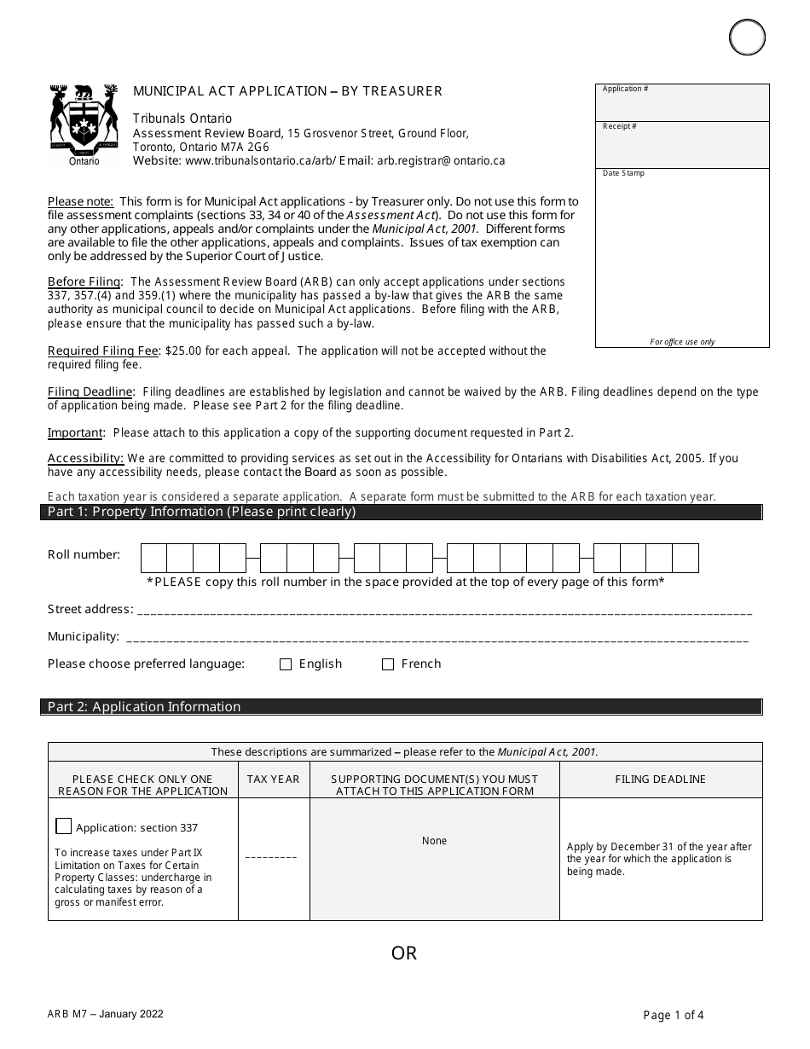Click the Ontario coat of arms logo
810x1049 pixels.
point(84,121)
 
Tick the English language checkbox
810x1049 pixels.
point(286,664)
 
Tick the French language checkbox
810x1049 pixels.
point(388,664)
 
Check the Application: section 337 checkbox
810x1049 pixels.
point(64,826)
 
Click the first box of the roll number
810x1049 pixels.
point(153,558)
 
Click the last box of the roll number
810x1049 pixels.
point(686,558)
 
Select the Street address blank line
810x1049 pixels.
point(443,610)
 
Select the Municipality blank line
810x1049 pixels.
point(437,637)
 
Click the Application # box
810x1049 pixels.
point(682,102)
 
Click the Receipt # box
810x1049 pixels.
point(682,144)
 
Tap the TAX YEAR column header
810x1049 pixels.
point(274,780)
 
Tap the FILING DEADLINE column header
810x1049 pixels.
point(660,780)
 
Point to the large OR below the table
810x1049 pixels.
point(404,953)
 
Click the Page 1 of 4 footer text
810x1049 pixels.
point(674,1015)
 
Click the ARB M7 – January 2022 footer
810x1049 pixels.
point(106,1014)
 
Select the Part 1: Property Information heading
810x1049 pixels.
point(201,513)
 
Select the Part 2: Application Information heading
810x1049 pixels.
point(144,707)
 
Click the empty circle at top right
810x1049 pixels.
point(747,38)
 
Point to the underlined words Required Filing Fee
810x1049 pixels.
point(90,351)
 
